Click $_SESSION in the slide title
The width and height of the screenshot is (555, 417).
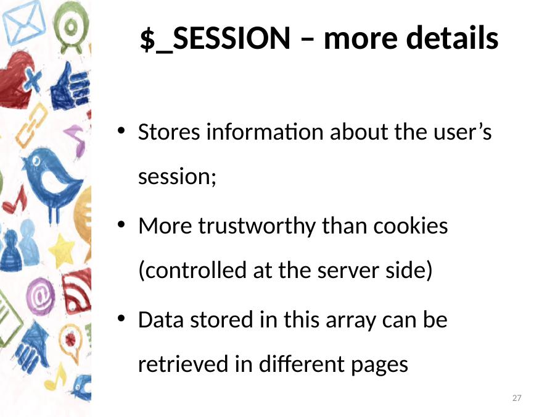215,39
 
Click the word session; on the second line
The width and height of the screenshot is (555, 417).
177,177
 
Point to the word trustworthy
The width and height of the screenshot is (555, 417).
257,226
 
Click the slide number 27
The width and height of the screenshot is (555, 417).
517,398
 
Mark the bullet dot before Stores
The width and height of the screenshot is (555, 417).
121,131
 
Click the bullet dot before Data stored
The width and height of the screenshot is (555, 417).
121,318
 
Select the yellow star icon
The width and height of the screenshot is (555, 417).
62,251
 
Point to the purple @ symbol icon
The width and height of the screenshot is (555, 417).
40,297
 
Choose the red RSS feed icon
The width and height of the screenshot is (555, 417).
77,291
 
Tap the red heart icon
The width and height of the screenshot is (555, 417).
16,80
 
